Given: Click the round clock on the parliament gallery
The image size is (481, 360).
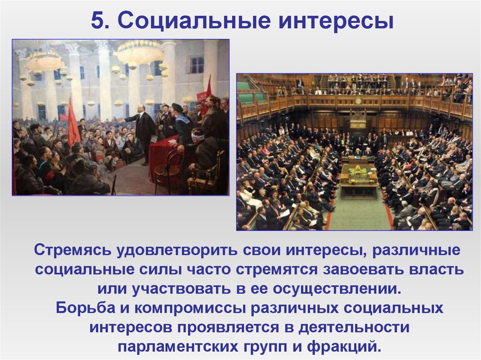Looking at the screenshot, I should point(359,100).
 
